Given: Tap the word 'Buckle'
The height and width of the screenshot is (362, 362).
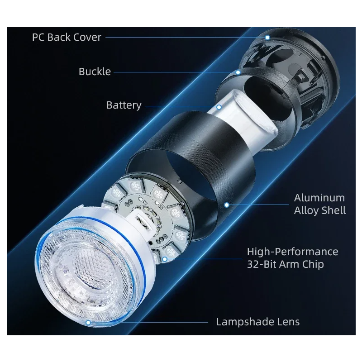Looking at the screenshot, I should click(95, 71).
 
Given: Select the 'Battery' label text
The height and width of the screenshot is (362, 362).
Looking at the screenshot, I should click(124, 105).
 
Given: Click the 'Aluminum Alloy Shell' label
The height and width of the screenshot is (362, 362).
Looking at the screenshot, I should click(319, 204).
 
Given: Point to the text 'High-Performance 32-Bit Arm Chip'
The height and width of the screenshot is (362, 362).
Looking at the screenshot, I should click(292, 257).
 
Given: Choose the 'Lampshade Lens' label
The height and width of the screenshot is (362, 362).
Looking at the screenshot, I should click(257, 322).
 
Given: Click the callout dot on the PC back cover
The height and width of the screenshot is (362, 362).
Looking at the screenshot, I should click(267, 37).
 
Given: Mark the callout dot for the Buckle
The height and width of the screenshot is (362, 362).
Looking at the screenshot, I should click(238, 71).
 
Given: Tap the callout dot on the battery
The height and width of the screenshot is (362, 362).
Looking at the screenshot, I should click(219, 107).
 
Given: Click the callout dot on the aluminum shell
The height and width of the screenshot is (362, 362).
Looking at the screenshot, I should click(227, 204).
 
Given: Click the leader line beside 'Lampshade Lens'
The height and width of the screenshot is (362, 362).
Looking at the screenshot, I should click(149, 322).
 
